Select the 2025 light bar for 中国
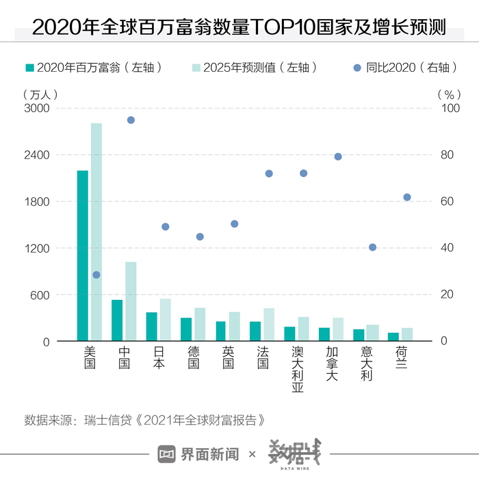pos(131,301)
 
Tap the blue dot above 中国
pos(131,120)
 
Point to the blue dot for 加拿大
pos(337,156)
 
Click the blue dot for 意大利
pos(372,247)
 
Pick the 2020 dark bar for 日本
pos(151,327)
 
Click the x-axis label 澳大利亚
pos(297,370)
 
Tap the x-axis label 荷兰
pos(402,358)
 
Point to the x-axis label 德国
pos(194,358)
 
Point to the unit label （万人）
pos(38,94)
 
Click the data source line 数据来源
pos(144,419)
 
